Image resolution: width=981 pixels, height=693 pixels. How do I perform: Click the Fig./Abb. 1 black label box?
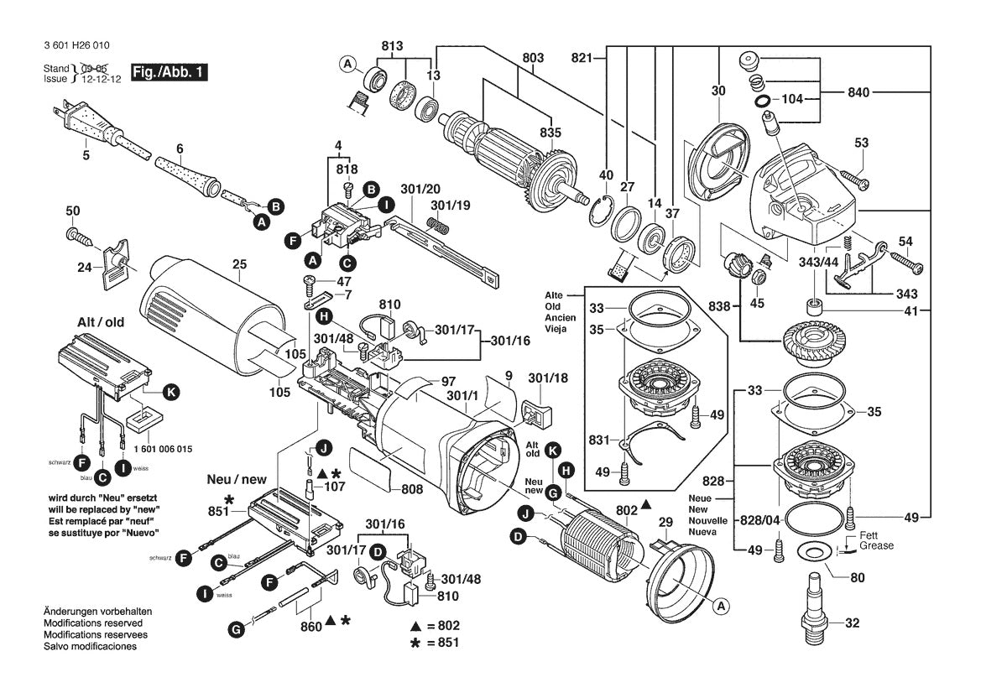[169, 72]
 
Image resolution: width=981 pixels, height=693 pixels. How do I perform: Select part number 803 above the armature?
[533, 58]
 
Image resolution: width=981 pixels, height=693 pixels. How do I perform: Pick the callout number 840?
[858, 93]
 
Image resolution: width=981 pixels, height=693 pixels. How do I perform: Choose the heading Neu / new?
[237, 479]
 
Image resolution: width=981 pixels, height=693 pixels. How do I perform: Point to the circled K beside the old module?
[171, 391]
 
